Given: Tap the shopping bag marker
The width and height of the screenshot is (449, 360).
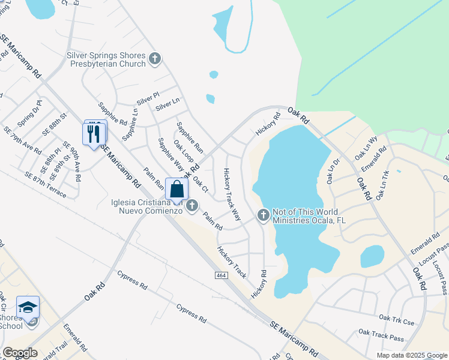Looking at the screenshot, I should pyautogui.click(x=176, y=190).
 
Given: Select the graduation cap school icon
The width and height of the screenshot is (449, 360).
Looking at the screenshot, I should pyautogui.click(x=28, y=308).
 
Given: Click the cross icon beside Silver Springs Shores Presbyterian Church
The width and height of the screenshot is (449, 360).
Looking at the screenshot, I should pyautogui.click(x=155, y=59).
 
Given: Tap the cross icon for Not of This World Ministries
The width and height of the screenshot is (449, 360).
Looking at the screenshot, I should pyautogui.click(x=263, y=215).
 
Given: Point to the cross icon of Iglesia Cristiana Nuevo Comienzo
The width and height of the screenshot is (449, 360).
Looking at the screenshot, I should pyautogui.click(x=192, y=206).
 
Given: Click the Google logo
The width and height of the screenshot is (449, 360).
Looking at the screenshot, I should pyautogui.click(x=20, y=353).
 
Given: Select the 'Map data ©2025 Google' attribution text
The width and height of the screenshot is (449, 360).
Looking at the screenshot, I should pyautogui.click(x=411, y=355).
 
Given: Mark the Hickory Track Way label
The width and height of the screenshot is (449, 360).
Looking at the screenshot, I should pyautogui.click(x=232, y=186).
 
